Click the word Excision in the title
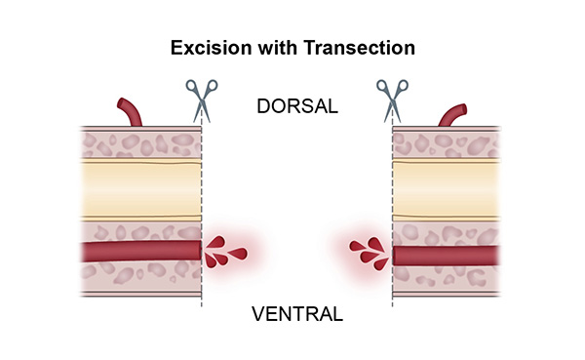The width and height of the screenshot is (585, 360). (x=207, y=47)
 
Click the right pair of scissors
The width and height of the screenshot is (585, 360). (x=390, y=99)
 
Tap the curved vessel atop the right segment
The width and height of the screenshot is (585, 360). (x=454, y=114)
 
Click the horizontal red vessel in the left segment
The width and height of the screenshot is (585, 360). (x=136, y=252)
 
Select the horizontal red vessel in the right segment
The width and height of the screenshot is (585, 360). (x=448, y=256)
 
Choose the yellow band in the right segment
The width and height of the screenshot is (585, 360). (x=448, y=189)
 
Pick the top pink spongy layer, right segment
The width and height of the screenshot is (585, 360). (x=448, y=143)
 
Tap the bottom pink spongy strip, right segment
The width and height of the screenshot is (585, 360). (x=448, y=280)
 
